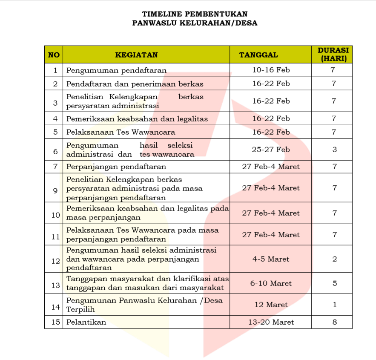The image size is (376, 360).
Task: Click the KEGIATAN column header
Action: pyautogui.click(x=136, y=55)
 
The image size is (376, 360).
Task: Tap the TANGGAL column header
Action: pyautogui.click(x=258, y=55)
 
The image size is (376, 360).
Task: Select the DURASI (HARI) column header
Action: pyautogui.click(x=333, y=55)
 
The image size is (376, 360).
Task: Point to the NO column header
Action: pyautogui.click(x=54, y=55)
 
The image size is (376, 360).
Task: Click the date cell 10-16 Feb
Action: pyautogui.click(x=271, y=70)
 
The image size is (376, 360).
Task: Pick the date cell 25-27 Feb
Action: pyautogui.click(x=271, y=150)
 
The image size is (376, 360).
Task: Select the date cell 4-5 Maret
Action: pyautogui.click(x=271, y=259)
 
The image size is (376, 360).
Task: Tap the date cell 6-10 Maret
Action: pyautogui.click(x=271, y=283)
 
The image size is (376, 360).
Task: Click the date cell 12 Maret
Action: pyautogui.click(x=271, y=305)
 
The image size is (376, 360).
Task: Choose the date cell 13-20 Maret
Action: pyautogui.click(x=271, y=322)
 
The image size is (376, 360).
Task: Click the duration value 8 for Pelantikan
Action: pyautogui.click(x=334, y=322)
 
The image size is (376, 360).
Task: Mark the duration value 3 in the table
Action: pyautogui.click(x=334, y=150)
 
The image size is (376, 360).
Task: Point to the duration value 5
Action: pyautogui.click(x=334, y=283)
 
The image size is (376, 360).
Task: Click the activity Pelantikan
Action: pyautogui.click(x=86, y=322)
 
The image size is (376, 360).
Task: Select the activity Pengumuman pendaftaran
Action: pyautogui.click(x=116, y=70)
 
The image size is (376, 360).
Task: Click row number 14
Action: pyautogui.click(x=55, y=307)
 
